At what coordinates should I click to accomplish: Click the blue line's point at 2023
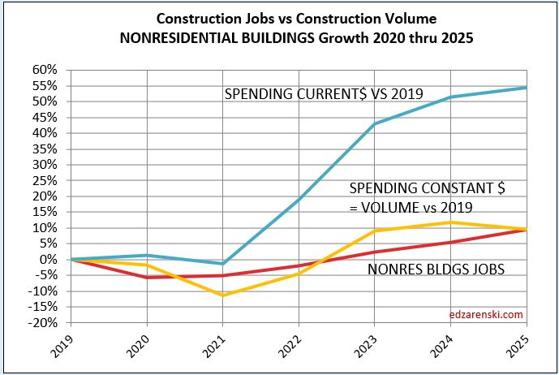click(373, 123)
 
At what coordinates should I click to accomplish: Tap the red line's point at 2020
click(145, 278)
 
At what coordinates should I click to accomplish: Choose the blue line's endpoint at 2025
click(527, 87)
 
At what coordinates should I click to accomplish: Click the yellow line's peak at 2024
click(451, 222)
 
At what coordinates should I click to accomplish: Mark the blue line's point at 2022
click(298, 199)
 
